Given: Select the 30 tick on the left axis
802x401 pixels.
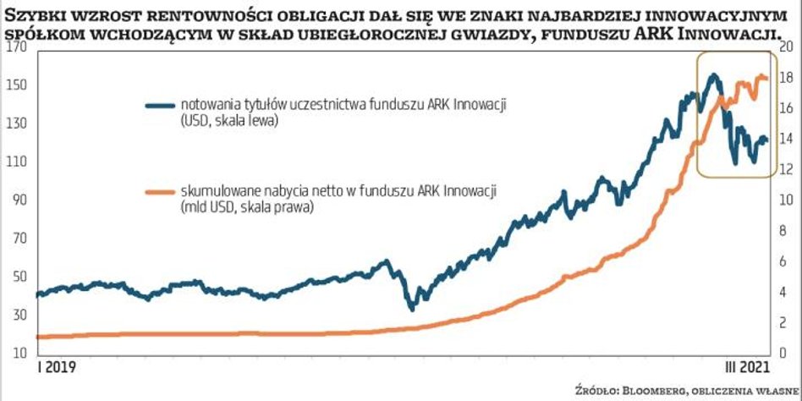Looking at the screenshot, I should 18,314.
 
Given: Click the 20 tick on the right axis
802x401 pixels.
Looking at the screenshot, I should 786,47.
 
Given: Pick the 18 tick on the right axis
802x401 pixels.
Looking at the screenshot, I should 786,78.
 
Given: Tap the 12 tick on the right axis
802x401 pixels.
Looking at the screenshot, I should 786,169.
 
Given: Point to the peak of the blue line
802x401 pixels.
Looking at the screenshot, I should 713,75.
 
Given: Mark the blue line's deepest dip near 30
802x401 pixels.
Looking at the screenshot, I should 411,308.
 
